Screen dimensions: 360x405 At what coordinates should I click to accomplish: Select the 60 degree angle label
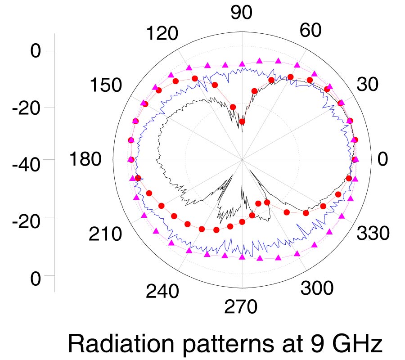[310, 31]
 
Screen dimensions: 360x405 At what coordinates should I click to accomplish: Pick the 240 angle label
[162, 292]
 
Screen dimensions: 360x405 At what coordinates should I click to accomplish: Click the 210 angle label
[105, 234]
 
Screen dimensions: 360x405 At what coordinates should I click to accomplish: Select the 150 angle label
[105, 85]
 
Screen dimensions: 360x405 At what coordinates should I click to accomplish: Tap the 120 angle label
[162, 34]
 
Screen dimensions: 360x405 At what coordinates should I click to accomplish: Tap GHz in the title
[356, 345]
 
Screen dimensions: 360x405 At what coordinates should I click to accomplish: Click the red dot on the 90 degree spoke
[242, 122]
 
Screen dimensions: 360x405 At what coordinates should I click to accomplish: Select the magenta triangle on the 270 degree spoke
[242, 256]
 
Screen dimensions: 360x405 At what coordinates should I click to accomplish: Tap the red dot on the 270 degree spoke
[242, 222]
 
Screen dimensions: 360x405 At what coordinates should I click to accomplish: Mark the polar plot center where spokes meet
[243, 160]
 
